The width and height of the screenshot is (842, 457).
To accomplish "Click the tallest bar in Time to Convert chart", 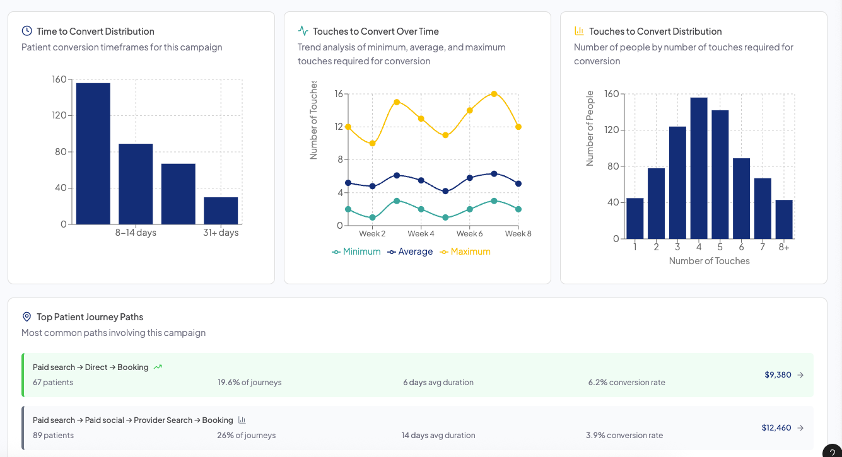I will (93, 153).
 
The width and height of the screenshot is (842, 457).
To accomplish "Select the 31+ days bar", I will (221, 211).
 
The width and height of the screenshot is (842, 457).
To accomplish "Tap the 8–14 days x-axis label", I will (136, 233).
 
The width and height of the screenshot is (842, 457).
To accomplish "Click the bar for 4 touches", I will (699, 168).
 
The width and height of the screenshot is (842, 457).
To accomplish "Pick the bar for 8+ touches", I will (784, 219).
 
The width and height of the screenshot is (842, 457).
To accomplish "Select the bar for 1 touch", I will (635, 218).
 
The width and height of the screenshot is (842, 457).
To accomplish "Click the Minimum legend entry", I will (356, 252).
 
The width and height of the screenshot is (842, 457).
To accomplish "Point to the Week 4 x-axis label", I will (421, 234).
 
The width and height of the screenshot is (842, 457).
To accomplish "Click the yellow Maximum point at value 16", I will (494, 94).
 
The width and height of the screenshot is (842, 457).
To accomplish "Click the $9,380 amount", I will (778, 374).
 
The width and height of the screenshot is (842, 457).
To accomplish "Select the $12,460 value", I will (776, 427).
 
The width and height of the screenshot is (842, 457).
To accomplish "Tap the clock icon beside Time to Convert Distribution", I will (26, 31).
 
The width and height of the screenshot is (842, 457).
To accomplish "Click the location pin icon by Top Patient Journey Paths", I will (26, 316).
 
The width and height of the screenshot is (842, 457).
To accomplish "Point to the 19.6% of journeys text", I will (250, 383).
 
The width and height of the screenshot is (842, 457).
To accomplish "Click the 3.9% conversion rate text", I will (624, 436).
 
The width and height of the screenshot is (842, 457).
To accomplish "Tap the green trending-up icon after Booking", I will (158, 367).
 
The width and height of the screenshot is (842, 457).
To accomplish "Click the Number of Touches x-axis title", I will (709, 261).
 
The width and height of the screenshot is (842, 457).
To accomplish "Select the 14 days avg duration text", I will (438, 436).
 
